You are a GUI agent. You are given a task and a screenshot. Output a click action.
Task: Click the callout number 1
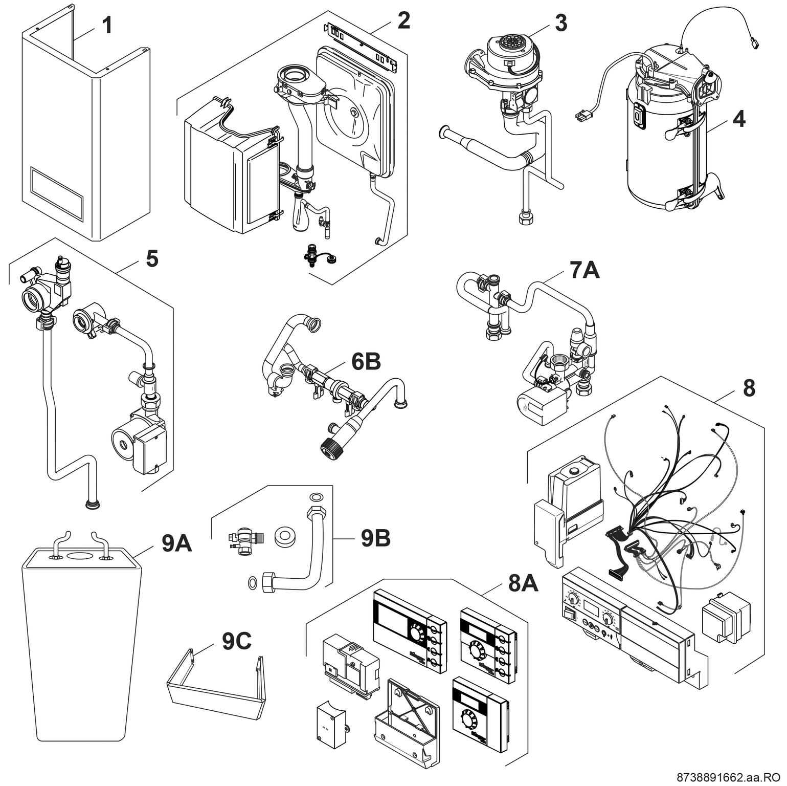pyautogui.click(x=107, y=26)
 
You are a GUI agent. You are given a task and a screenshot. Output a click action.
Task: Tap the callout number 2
pyautogui.click(x=403, y=20)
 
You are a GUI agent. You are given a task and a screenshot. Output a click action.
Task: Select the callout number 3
pyautogui.click(x=560, y=23)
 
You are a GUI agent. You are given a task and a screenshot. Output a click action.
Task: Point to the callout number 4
pyautogui.click(x=738, y=119)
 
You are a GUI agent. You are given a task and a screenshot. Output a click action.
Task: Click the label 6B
pyautogui.click(x=366, y=362)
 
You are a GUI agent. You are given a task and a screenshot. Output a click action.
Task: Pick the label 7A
pyautogui.click(x=584, y=270)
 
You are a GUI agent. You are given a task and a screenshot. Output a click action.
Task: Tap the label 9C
pyautogui.click(x=236, y=642)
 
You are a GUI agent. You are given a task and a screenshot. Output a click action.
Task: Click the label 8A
pyautogui.click(x=523, y=583)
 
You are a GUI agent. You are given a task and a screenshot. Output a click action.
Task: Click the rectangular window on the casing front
pyautogui.click(x=56, y=192)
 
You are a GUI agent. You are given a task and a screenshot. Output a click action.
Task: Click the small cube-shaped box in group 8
pyautogui.click(x=726, y=617)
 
